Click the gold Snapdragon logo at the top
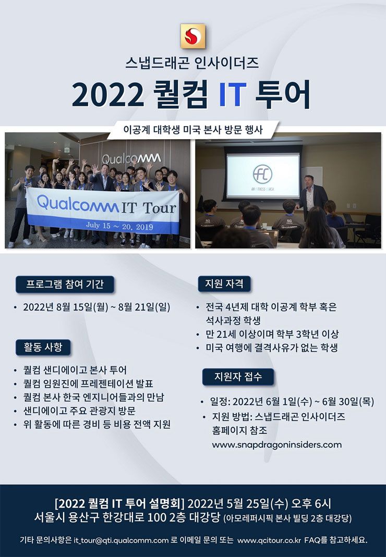point(193,36)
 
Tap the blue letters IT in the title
point(233,95)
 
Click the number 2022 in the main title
point(108,95)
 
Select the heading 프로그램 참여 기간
point(65,284)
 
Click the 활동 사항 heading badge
point(43,347)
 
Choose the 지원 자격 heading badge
point(224,284)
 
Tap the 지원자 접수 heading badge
point(238,377)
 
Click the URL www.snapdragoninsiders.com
point(277,445)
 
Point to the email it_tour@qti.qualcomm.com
point(121,540)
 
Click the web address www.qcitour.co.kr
point(269,540)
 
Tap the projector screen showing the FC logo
point(263,176)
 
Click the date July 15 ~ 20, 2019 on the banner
point(119,226)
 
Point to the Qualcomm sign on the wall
point(131,159)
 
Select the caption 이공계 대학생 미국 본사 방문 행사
point(193,130)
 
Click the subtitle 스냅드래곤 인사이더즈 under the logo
point(192,63)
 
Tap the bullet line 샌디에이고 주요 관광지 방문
point(79,411)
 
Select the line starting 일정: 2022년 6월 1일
point(292,402)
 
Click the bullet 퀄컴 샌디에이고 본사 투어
point(75,370)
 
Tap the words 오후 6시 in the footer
point(311,504)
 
